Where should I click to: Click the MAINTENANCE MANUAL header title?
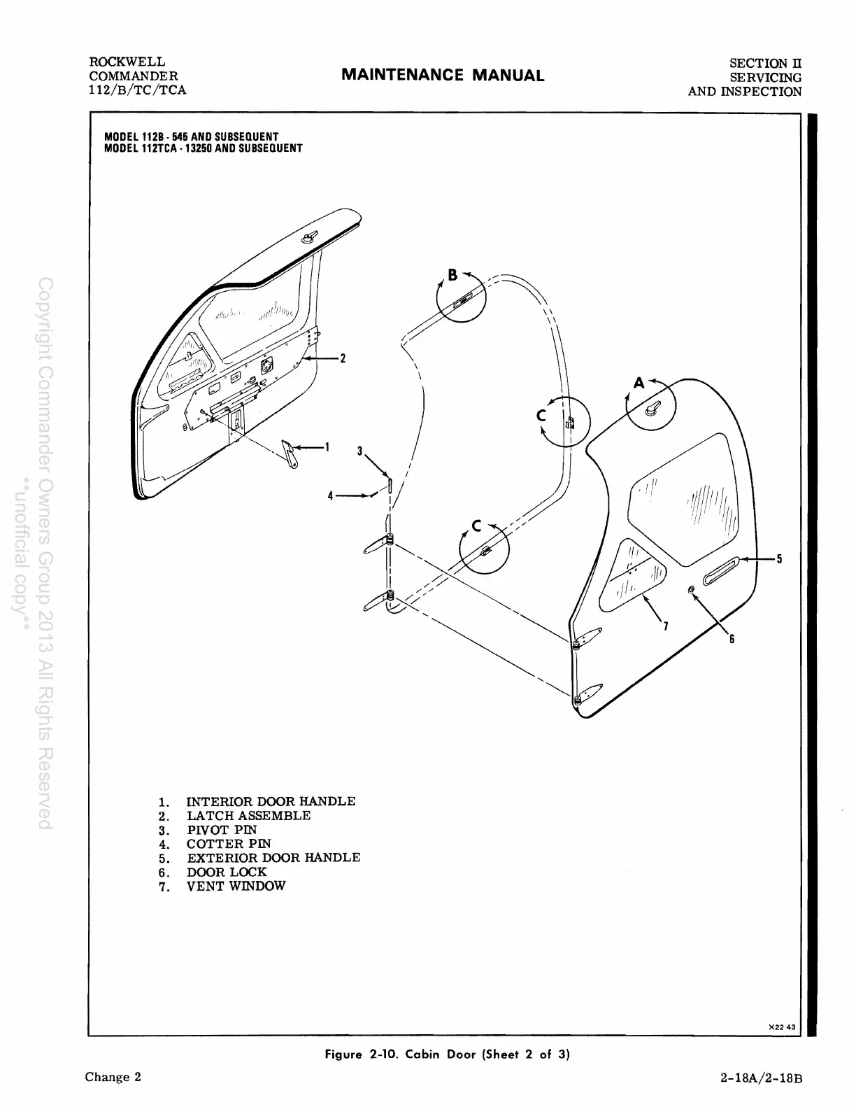[x=443, y=76]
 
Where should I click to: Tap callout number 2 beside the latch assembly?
[x=343, y=359]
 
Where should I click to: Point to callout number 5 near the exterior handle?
[x=779, y=559]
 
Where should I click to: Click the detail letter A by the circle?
[x=639, y=383]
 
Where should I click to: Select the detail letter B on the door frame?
[x=452, y=275]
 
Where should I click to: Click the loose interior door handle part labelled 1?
[x=290, y=454]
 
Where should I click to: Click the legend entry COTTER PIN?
[x=228, y=844]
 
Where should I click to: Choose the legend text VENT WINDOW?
[x=236, y=886]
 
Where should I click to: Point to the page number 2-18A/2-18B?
[x=761, y=1078]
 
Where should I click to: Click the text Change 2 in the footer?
[x=113, y=1077]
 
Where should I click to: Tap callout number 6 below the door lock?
[x=732, y=639]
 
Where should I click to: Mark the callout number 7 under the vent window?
[x=665, y=626]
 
